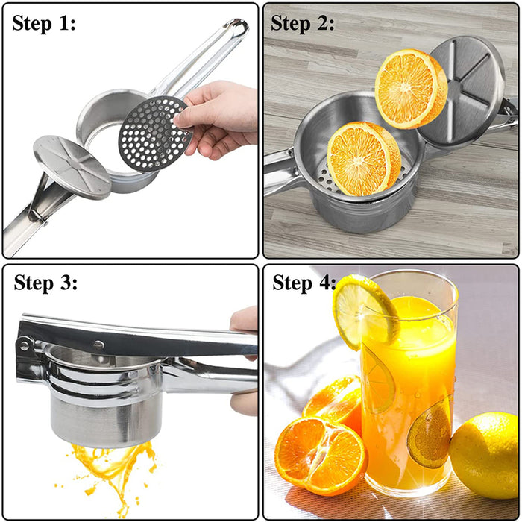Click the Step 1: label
44,24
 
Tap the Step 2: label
303,24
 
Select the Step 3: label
45,283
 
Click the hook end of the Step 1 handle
237,28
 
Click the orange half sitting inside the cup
363,159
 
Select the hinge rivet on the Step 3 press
27,345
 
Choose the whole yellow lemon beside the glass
484,454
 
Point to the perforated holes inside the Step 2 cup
328,179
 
